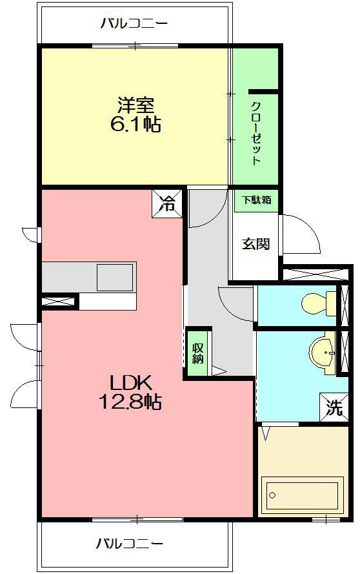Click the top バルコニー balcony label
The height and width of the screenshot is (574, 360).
coord(134,24)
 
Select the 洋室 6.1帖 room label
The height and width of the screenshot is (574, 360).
coord(135,115)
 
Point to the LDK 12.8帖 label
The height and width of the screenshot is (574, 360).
coord(130,392)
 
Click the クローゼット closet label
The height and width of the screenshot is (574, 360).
coord(255,134)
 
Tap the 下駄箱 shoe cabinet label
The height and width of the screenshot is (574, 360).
coord(257,200)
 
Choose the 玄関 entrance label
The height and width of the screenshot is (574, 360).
coord(255,244)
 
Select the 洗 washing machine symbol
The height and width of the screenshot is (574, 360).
coord(333,407)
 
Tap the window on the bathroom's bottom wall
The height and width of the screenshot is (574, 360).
coord(326,519)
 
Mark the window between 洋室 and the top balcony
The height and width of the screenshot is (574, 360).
coord(135,45)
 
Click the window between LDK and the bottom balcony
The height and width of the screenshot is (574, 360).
coord(137,519)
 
